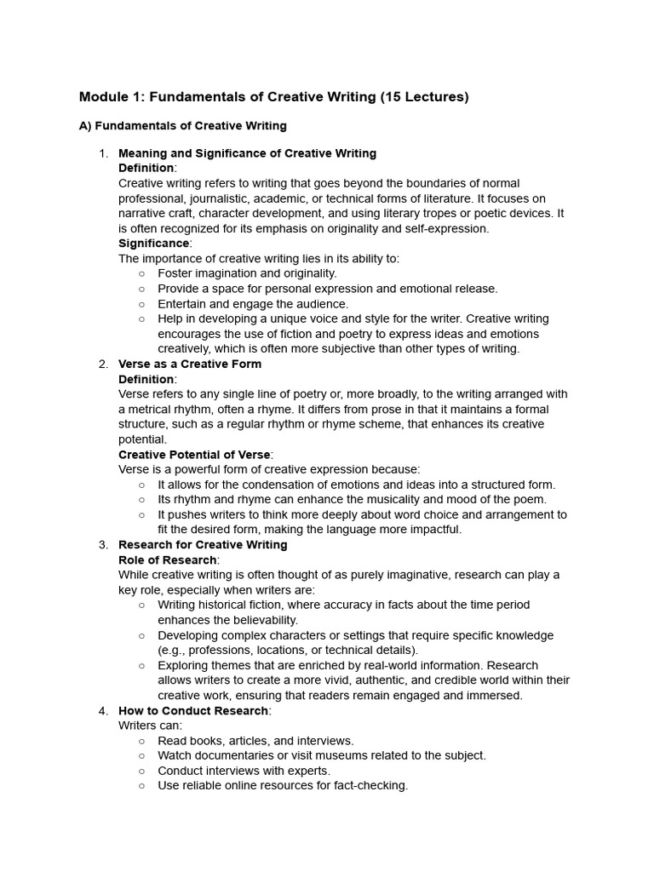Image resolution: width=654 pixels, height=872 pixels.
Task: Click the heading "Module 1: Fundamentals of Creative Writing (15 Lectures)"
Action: [273, 97]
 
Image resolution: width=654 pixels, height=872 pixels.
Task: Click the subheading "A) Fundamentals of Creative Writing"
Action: [182, 126]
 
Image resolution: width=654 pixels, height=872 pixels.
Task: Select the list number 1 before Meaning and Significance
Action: [102, 153]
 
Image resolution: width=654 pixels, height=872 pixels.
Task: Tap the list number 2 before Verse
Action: [102, 364]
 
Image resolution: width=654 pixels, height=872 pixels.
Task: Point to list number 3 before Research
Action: [102, 545]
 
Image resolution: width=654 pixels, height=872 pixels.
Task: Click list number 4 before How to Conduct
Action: [102, 710]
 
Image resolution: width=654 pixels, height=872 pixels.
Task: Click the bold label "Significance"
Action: [154, 244]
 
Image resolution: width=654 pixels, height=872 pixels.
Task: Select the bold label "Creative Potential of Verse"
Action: [194, 455]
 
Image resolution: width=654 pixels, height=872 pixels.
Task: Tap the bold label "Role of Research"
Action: [167, 559]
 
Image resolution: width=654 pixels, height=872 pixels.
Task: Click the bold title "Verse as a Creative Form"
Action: [190, 364]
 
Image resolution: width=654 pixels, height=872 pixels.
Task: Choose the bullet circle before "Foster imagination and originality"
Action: [141, 273]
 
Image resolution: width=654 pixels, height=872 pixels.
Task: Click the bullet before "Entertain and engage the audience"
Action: [141, 304]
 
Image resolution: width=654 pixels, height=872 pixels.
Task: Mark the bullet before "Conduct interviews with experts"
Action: [141, 771]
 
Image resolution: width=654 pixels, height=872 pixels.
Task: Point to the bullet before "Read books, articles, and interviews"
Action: [141, 741]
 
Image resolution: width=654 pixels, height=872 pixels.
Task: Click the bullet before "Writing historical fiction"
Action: [141, 605]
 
